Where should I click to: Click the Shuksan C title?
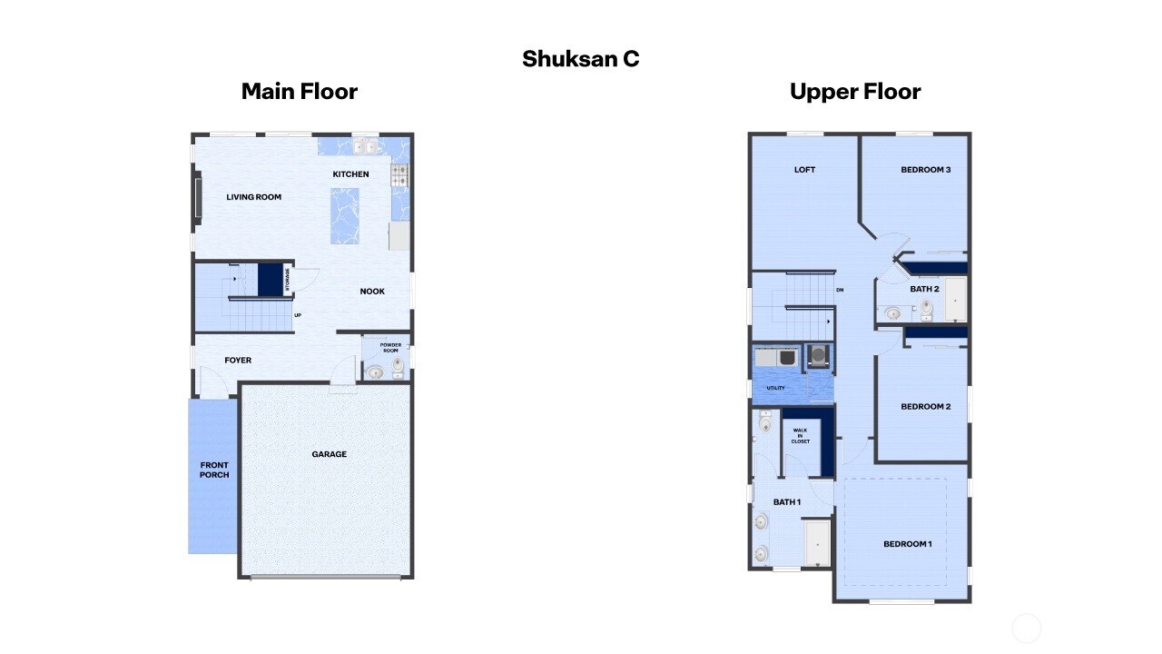[x=580, y=59]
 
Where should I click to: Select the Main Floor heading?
[x=299, y=92]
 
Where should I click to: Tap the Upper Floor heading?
[x=854, y=92]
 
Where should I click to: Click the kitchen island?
[x=345, y=215]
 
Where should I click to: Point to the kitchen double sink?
[x=365, y=146]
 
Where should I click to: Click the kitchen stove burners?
[x=399, y=175]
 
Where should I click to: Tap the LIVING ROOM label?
[x=253, y=197]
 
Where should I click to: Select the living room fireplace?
[x=197, y=198]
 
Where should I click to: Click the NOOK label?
[x=372, y=292]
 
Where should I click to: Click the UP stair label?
[x=297, y=315]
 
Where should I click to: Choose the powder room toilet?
[x=398, y=366]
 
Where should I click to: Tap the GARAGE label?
[x=329, y=454]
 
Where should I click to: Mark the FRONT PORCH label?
[x=214, y=470]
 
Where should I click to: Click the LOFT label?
[x=804, y=170]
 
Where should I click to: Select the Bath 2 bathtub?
[x=955, y=299]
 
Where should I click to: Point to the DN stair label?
[x=840, y=291]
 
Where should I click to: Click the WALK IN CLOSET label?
[x=800, y=436]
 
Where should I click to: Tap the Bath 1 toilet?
[x=765, y=424]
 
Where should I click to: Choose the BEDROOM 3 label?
[x=925, y=170]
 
